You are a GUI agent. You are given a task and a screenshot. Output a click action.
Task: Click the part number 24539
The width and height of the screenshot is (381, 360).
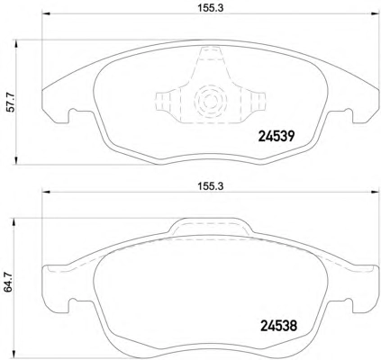pos(277,137)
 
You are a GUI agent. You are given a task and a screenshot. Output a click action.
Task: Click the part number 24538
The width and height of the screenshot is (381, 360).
pos(278,326)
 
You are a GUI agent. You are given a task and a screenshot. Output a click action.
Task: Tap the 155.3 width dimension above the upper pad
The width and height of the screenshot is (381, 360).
pos(211,8)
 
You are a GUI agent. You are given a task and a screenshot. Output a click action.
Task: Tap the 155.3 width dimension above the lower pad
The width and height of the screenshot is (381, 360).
pos(211,186)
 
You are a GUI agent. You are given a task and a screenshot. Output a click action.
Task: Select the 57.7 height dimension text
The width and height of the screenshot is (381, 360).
pos(11,103)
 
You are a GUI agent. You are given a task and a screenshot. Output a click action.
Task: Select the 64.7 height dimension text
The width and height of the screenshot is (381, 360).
pos(8,282)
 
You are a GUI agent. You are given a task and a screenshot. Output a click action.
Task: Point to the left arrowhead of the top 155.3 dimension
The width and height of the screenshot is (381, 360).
pos(45,13)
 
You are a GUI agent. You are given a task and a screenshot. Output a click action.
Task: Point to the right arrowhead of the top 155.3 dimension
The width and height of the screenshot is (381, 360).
pos(376,13)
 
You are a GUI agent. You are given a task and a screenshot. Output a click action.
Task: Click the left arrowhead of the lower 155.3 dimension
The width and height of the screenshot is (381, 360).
pos(45,192)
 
